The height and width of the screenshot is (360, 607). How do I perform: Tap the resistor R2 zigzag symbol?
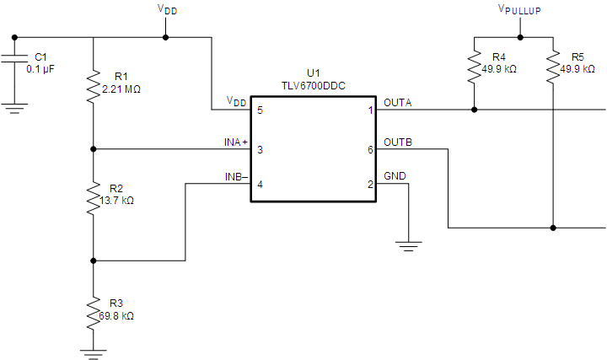click(94, 200)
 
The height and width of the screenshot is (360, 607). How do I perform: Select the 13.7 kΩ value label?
click(117, 201)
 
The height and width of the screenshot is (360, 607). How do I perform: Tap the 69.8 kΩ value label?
click(117, 316)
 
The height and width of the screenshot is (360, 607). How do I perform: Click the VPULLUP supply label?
click(520, 9)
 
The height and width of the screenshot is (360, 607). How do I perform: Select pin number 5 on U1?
click(261, 110)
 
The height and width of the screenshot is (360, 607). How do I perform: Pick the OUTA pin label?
click(398, 102)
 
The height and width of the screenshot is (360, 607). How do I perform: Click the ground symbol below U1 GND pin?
click(409, 246)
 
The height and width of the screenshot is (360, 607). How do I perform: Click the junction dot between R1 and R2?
click(94, 149)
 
